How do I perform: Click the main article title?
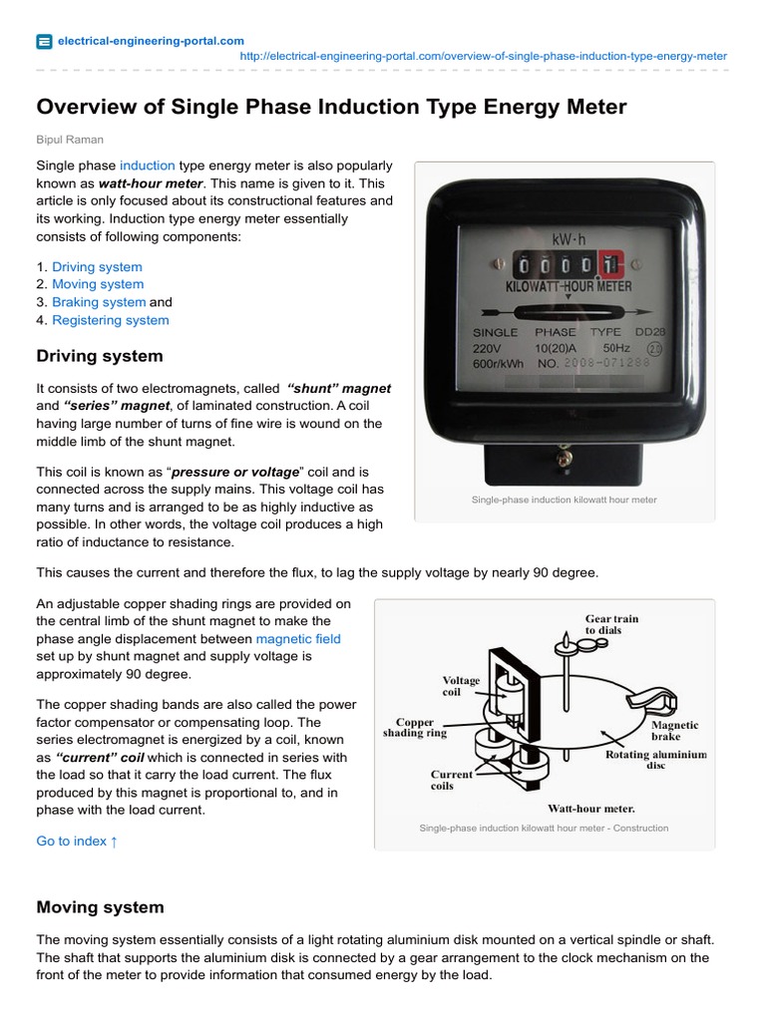[331, 107]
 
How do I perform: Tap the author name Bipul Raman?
[70, 140]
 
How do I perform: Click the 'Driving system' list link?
[97, 267]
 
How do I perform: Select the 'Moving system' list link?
[98, 284]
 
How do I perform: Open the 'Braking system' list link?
[99, 302]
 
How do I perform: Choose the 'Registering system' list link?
[111, 320]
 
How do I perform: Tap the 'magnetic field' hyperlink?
[298, 638]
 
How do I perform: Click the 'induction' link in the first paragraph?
[148, 166]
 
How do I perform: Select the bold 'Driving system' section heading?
[100, 356]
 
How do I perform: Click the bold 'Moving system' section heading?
[100, 907]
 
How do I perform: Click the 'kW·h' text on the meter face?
[566, 240]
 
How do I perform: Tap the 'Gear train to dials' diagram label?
[611, 624]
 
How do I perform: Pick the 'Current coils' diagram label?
[451, 780]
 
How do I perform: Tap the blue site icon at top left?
[44, 41]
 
